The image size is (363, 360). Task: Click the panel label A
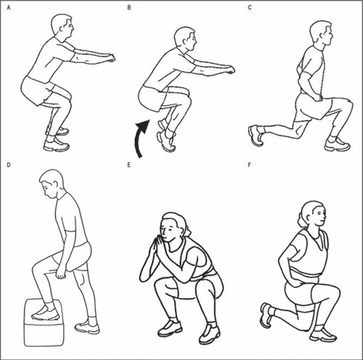click(x=9, y=8)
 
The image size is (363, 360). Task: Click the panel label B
click(x=129, y=8)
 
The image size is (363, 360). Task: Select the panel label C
click(x=250, y=8)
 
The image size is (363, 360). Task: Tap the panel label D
click(x=9, y=165)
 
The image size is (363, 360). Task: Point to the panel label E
click(x=129, y=165)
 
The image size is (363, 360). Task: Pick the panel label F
click(x=249, y=165)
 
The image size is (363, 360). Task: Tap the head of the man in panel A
click(x=62, y=27)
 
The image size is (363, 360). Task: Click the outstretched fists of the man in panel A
click(x=111, y=58)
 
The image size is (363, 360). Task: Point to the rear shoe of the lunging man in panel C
click(x=256, y=136)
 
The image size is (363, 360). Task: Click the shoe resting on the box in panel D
click(x=45, y=314)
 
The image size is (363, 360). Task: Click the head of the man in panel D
click(x=52, y=184)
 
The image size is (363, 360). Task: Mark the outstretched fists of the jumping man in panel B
click(x=230, y=70)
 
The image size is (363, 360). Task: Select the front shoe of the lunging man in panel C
click(x=338, y=144)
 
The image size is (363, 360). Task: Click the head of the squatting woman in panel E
click(x=174, y=227)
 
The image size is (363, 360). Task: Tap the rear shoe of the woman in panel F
click(x=267, y=315)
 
